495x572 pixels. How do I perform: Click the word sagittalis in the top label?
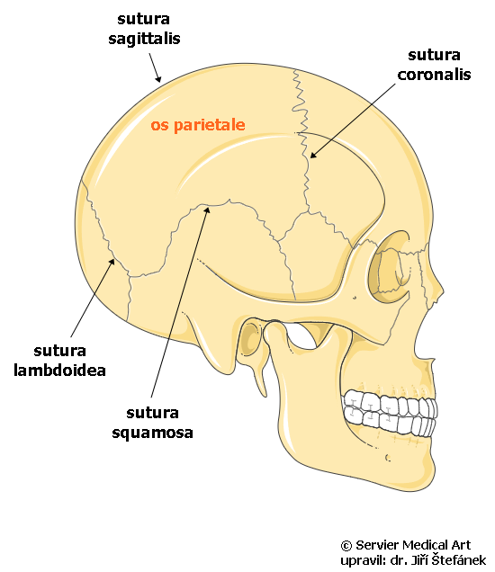tap(144, 39)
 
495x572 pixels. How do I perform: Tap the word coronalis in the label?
tap(434, 75)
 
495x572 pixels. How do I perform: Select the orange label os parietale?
tap(198, 125)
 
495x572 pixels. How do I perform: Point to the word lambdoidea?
tap(59, 370)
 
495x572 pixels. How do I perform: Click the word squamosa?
tap(152, 433)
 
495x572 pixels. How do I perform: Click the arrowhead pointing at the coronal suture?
tap(313, 155)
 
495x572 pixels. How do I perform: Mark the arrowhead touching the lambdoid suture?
tap(112, 262)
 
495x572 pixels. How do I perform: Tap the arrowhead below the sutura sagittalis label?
tap(158, 78)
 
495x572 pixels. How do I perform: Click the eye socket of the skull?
tap(389, 266)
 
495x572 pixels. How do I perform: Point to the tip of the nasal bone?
tap(442, 291)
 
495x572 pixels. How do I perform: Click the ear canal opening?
tap(250, 338)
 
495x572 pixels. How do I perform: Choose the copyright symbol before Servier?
tap(346, 546)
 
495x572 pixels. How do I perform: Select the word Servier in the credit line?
tap(377, 545)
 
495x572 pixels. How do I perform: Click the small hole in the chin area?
tap(388, 458)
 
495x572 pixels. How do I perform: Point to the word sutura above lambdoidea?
tap(60, 351)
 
